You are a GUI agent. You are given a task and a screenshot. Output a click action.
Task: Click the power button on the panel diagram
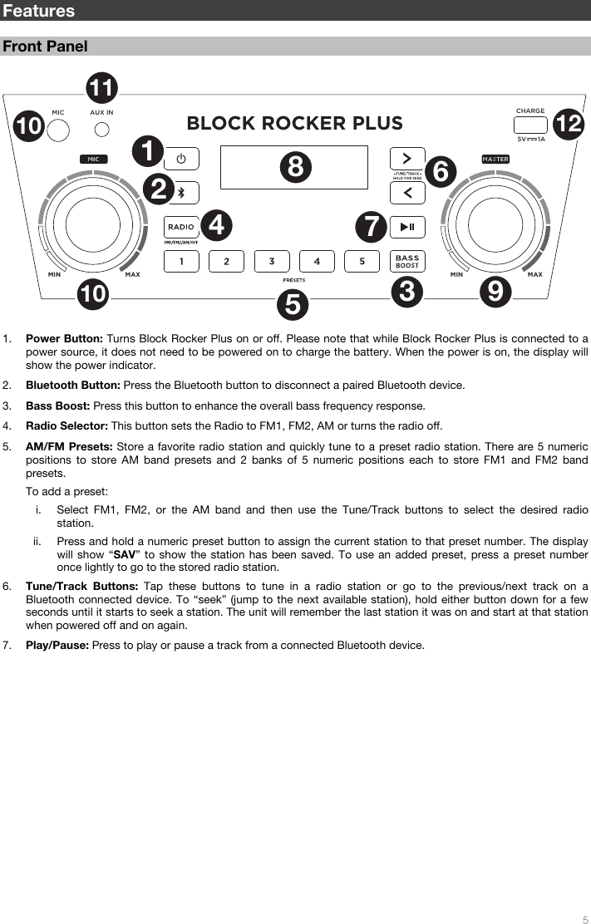(181, 159)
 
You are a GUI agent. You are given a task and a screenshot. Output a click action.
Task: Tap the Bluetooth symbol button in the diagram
(181, 193)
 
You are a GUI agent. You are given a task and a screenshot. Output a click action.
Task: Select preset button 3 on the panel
(271, 261)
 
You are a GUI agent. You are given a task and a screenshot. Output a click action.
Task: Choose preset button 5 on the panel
(362, 261)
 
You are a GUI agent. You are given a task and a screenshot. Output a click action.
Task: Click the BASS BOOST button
(407, 261)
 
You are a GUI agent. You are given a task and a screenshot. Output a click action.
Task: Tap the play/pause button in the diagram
(407, 227)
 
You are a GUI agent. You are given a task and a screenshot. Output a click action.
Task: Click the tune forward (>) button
(407, 158)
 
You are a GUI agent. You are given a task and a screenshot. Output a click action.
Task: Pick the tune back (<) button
(407, 193)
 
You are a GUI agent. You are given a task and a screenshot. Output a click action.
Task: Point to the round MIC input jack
(57, 130)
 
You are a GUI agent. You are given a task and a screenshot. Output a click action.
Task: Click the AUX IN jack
(102, 129)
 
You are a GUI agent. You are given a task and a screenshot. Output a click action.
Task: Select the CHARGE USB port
(530, 125)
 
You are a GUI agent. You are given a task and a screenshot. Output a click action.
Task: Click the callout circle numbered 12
(569, 125)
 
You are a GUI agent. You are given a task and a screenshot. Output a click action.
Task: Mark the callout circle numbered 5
(292, 305)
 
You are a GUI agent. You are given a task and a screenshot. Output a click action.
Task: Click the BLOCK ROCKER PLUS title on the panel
(294, 124)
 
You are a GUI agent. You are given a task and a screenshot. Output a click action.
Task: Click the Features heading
(38, 11)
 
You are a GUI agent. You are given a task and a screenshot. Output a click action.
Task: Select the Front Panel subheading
(45, 47)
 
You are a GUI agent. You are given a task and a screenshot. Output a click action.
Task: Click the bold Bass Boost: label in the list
(58, 405)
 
